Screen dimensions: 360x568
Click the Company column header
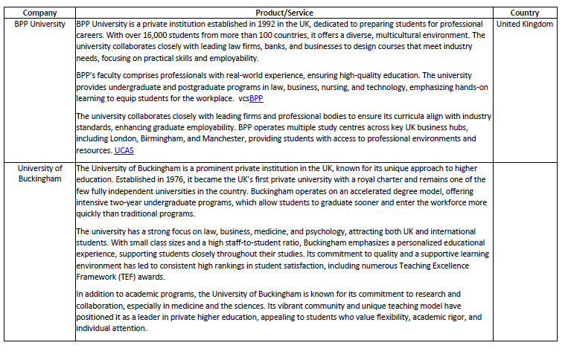click(39, 13)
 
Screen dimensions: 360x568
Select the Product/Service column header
click(284, 13)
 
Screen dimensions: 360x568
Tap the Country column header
click(525, 13)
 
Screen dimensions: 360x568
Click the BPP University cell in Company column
click(39, 24)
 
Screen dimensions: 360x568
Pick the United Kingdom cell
click(525, 24)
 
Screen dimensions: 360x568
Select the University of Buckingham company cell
click(39, 173)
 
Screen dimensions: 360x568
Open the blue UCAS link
click(124, 150)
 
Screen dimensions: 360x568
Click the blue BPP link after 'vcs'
click(256, 98)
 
